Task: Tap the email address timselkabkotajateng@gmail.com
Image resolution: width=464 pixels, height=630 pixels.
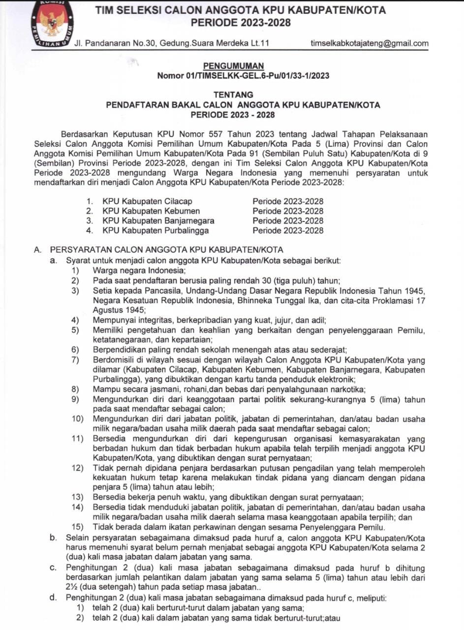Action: point(370,43)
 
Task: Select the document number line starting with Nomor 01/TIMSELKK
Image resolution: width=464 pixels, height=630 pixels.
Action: point(243,76)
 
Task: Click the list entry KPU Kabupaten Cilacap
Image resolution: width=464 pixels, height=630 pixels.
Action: point(147,201)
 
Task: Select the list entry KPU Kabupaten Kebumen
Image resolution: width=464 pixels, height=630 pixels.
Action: point(148,211)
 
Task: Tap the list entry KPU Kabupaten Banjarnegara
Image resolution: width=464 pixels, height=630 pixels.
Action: point(158,220)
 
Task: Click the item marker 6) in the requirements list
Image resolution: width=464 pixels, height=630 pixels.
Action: point(75,350)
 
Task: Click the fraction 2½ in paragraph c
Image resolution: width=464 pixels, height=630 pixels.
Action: point(73,588)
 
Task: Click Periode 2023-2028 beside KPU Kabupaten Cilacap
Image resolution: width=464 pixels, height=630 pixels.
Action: point(288,201)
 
